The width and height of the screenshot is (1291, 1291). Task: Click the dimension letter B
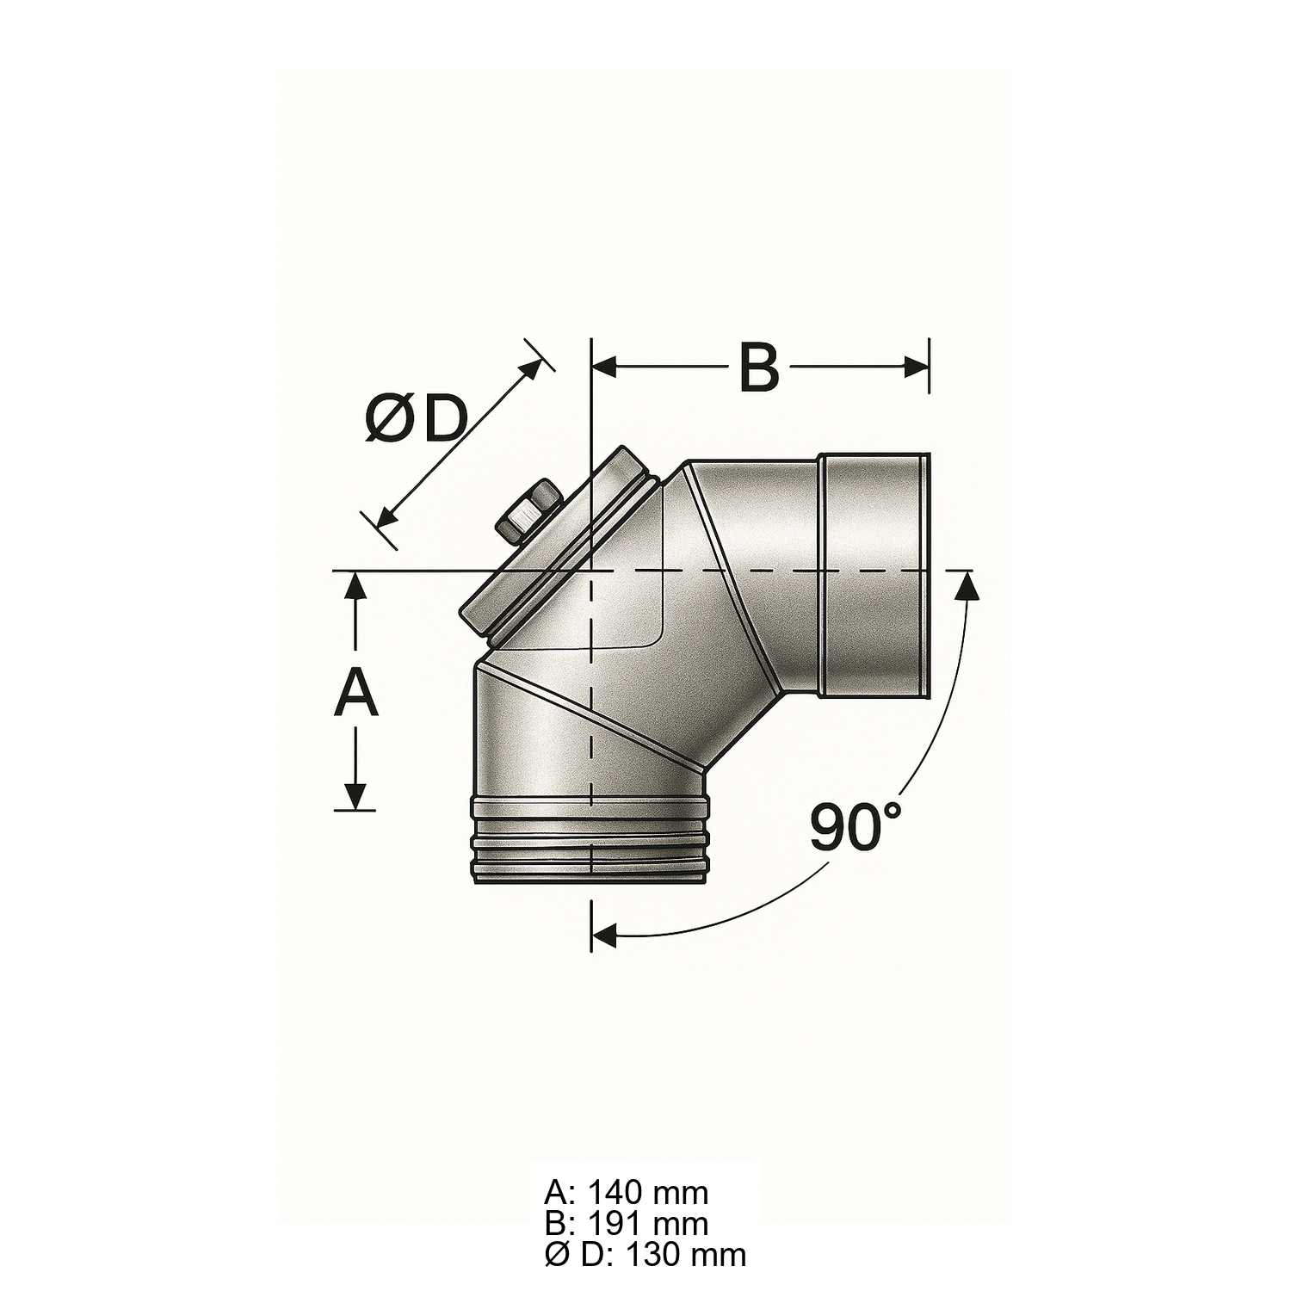coord(759,368)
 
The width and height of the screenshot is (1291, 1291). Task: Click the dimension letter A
coord(355,695)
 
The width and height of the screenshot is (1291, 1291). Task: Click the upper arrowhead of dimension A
coord(355,586)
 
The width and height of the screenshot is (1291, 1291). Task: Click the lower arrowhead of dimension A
coord(355,797)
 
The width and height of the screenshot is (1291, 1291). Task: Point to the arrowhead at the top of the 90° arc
coord(967,586)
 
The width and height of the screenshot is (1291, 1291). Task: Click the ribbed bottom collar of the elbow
coord(590,839)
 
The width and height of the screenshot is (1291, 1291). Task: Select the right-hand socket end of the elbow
coord(874,574)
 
